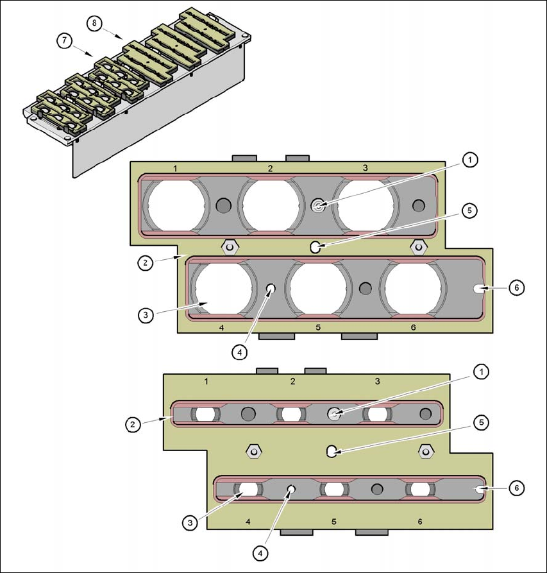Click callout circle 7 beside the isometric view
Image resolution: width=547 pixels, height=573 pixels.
coord(63,40)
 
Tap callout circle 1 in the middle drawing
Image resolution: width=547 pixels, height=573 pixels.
coord(470,160)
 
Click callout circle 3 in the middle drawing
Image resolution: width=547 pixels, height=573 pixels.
coord(147,314)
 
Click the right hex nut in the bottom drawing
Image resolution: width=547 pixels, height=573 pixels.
coord(424,451)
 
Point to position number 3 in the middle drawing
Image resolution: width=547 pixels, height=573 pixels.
coord(365,167)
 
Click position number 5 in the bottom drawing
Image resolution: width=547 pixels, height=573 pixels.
coord(334,521)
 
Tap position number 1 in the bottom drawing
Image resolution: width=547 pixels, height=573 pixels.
coord(206,381)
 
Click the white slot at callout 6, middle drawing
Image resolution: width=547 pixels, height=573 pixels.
coord(480,289)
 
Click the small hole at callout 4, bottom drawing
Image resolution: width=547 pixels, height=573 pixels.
coord(292,489)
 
